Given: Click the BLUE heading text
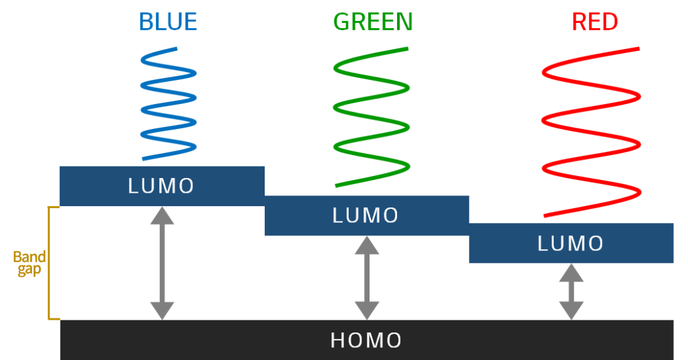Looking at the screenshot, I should [x=168, y=22].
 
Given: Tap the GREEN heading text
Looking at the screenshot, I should [x=373, y=22].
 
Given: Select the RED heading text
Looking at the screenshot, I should [x=595, y=22].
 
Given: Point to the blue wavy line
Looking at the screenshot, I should [x=169, y=104].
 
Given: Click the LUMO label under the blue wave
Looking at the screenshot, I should [x=161, y=186].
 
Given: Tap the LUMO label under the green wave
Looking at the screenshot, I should [x=366, y=216].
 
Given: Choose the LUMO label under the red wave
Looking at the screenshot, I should [x=571, y=243].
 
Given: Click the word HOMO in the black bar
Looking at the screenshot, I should [x=366, y=341].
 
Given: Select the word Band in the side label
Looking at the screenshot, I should [x=30, y=257].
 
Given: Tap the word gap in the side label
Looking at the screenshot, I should [x=30, y=270].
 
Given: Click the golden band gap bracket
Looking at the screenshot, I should [x=50, y=263].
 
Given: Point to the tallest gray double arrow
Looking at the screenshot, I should [x=162, y=263].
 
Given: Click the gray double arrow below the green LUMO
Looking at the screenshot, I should [x=367, y=277].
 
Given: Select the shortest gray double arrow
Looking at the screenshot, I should [x=571, y=291].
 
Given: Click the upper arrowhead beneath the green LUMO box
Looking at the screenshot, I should [x=367, y=245].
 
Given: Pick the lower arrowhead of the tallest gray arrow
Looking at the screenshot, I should [x=162, y=310].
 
